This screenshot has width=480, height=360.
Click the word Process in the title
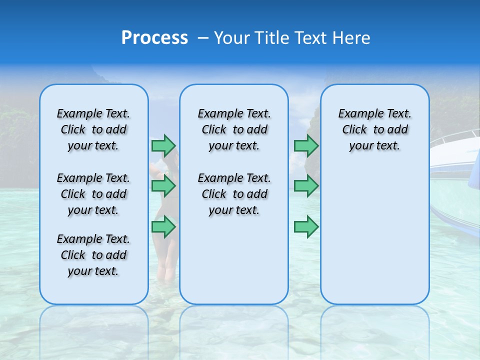[x=154, y=38]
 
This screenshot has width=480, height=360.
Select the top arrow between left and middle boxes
[x=163, y=145]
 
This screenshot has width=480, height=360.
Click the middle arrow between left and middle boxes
[x=163, y=186]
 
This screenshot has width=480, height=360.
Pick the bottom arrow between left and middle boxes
[x=163, y=227]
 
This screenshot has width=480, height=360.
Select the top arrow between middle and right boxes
[x=306, y=145]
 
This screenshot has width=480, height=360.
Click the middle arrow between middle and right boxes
[x=306, y=186]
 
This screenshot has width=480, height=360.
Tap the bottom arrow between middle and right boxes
[x=306, y=227]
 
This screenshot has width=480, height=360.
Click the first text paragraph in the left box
[x=93, y=129]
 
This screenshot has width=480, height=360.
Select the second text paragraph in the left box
[x=93, y=194]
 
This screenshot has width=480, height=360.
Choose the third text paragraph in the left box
[x=93, y=255]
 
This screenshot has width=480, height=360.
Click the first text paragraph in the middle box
[x=234, y=129]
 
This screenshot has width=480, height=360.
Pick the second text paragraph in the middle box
[x=234, y=194]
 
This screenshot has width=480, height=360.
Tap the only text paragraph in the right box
[x=374, y=129]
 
